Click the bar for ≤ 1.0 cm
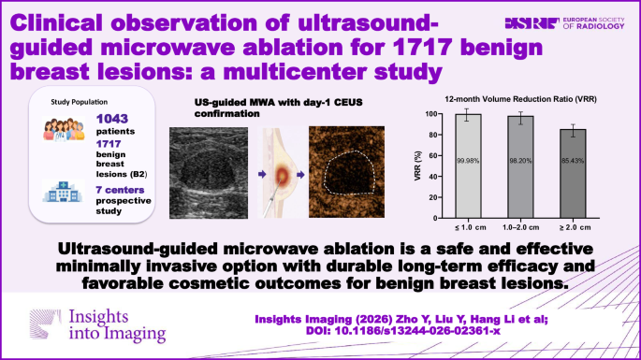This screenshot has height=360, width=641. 468,166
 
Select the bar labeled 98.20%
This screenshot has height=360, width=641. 520,167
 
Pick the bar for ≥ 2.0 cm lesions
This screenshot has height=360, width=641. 573,174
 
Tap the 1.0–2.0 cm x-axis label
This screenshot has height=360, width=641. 521,227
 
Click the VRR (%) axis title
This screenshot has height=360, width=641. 417,166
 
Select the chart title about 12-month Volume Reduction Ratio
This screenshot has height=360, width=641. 520,99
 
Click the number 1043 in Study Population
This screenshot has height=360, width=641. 112,119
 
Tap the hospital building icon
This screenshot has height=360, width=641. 63,192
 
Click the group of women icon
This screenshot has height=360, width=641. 64,130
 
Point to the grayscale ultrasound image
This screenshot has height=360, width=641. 209,172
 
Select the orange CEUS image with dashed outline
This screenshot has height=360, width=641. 346,172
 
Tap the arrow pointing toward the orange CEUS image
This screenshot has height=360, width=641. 300,175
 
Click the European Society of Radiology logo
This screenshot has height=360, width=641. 564,23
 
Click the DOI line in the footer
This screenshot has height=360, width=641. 402,331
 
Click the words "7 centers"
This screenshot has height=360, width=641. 120,190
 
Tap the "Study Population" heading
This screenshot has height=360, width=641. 80,102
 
